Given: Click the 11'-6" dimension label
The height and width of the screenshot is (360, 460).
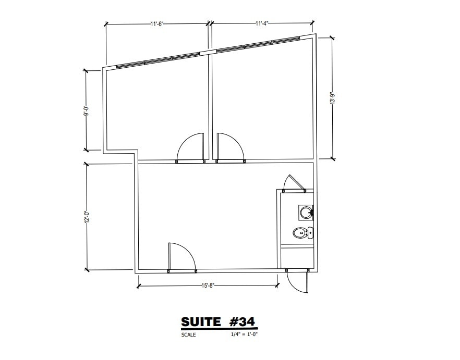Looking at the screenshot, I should point(157,24).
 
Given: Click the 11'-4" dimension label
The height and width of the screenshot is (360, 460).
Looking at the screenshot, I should point(262,24).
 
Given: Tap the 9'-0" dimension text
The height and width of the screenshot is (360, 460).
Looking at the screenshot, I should point(87,110).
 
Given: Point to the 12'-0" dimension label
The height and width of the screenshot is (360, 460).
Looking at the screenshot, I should point(87,216).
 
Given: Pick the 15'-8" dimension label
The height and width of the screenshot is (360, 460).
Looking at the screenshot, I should point(208,285).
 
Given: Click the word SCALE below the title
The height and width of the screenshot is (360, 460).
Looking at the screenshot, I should point(188,335).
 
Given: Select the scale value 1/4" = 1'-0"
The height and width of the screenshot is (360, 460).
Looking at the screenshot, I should point(244,335).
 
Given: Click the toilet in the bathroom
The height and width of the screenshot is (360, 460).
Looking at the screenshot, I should point(300,233).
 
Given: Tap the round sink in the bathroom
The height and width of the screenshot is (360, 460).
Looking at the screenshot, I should point(306,212).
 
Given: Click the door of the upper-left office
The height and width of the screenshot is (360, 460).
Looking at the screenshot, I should point(191,147).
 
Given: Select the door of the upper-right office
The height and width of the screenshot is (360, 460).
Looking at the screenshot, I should point(229,147).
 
